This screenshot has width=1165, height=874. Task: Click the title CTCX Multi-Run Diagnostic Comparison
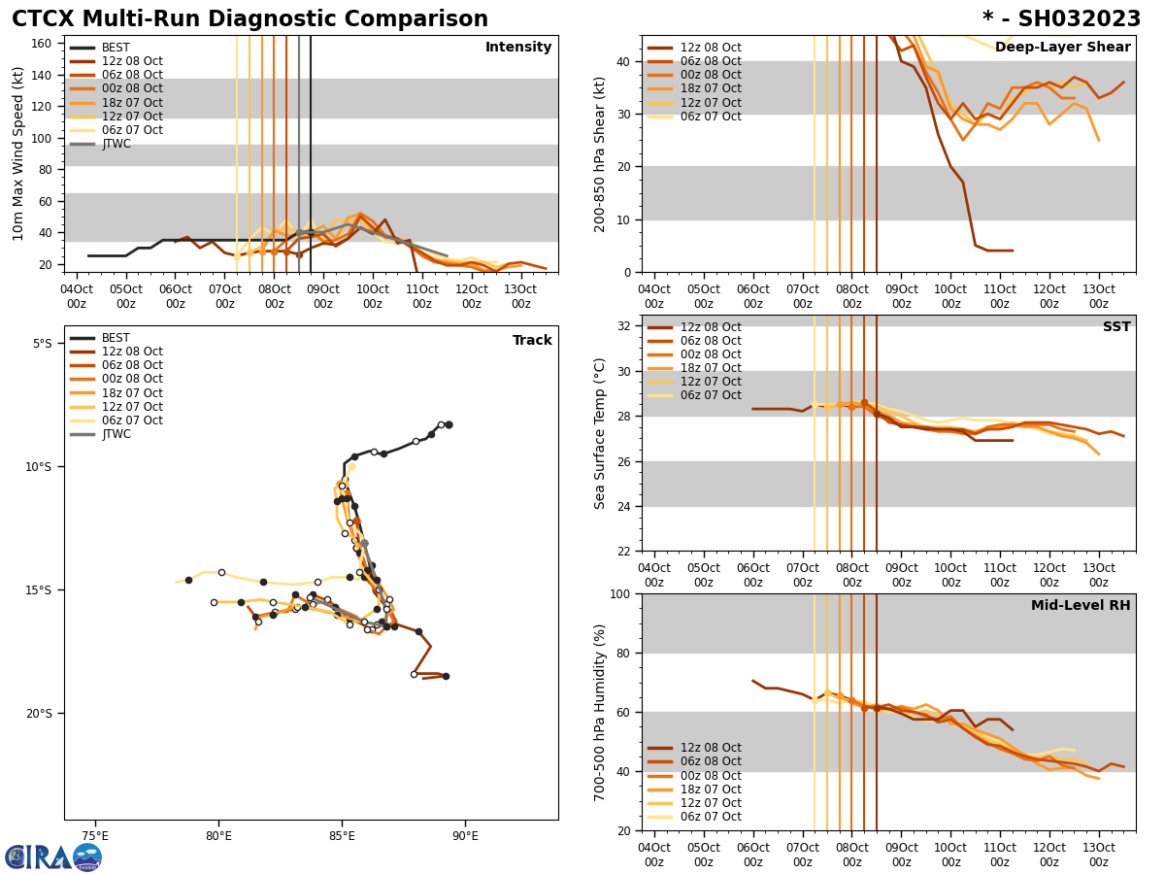pyautogui.click(x=250, y=19)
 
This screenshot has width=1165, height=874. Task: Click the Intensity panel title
pyautogui.click(x=518, y=48)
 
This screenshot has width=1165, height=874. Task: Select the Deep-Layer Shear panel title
pyautogui.click(x=1062, y=48)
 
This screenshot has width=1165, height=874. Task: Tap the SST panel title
pyautogui.click(x=1116, y=327)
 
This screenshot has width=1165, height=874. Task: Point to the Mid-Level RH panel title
pyautogui.click(x=1081, y=606)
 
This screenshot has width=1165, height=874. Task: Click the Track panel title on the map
pyautogui.click(x=532, y=341)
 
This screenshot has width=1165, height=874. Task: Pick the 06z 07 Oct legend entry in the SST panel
pyautogui.click(x=710, y=395)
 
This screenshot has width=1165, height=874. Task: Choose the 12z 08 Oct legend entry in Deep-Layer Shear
pyautogui.click(x=710, y=48)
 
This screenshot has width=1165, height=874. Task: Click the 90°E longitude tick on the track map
pyautogui.click(x=465, y=836)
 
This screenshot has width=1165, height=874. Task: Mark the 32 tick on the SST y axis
pyautogui.click(x=626, y=326)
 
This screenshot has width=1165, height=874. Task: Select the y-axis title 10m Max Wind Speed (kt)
pyautogui.click(x=18, y=153)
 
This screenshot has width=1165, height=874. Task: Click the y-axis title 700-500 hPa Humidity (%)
pyautogui.click(x=600, y=712)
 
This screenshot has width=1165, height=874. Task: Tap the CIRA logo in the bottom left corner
pyautogui.click(x=52, y=857)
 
